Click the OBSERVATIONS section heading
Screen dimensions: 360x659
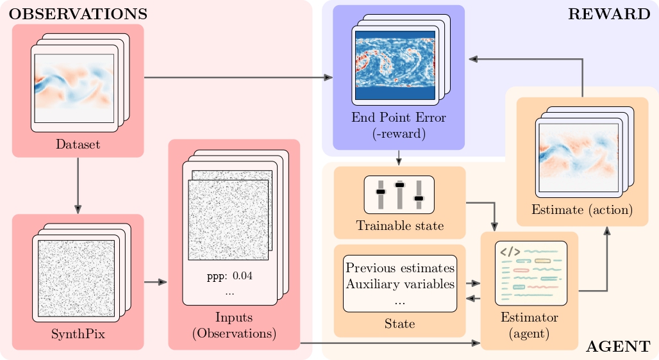click(78, 13)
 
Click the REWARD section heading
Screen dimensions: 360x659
click(608, 15)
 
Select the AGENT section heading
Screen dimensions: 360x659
click(618, 347)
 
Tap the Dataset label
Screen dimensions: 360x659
click(78, 145)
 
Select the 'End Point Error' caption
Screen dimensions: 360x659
click(398, 118)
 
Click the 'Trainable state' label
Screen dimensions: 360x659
click(399, 225)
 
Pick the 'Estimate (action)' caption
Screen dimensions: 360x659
click(582, 209)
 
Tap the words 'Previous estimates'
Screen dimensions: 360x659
click(400, 267)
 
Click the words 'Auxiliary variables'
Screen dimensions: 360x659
click(400, 282)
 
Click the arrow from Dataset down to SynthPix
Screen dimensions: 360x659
click(78, 186)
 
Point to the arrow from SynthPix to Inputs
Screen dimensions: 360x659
click(156, 282)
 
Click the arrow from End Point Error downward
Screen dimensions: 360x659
click(399, 157)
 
